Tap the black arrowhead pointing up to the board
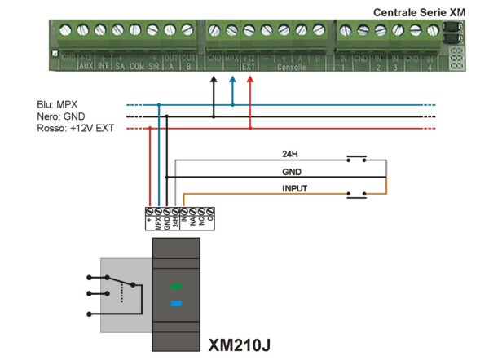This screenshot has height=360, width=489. (x=214, y=80)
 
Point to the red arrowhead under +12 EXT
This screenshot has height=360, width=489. (x=250, y=80)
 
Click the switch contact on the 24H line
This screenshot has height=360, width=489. (x=356, y=156)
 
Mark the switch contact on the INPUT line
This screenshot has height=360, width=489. (x=356, y=194)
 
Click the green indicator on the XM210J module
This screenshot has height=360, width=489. (x=175, y=287)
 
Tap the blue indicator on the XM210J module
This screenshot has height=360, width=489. (x=175, y=304)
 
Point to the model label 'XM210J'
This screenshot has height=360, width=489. (x=240, y=344)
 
